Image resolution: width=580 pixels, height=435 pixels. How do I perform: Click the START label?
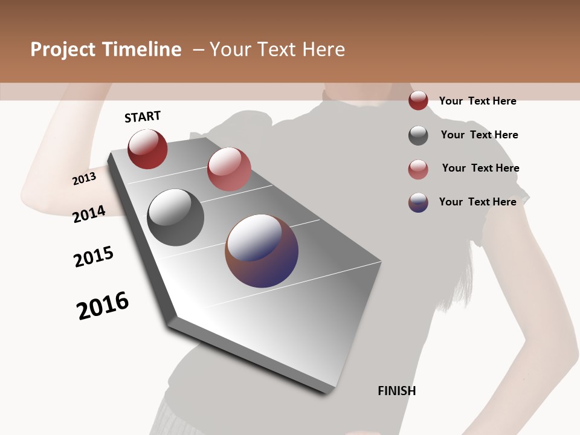coord(143,117)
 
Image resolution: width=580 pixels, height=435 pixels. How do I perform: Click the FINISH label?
coord(397,391)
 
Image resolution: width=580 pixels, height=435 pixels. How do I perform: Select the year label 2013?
coord(85,178)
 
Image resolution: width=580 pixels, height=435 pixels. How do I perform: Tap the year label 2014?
coord(89,214)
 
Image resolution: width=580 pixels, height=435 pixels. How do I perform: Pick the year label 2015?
coord(94,257)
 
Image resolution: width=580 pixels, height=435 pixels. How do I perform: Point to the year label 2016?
coord(103,306)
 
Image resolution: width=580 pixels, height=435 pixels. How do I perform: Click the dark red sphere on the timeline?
coord(147,149)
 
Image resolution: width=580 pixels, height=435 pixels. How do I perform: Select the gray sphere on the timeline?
coord(176,217)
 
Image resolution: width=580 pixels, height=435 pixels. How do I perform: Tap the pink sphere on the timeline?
coord(229,169)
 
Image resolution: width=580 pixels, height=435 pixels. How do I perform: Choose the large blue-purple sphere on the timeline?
coord(262,251)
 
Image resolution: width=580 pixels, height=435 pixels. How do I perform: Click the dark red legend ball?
coord(418,101)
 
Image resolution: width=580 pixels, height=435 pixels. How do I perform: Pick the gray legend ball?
coord(418,135)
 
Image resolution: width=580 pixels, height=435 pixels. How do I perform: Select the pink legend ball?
coord(418,169)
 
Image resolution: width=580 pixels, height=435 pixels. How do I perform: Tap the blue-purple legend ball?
coord(418,202)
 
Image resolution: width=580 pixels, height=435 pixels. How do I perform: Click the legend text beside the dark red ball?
coord(477,101)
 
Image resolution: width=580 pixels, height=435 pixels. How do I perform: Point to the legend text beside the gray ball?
coord(479,135)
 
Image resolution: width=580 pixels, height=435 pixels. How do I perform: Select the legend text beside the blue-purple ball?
coord(477,202)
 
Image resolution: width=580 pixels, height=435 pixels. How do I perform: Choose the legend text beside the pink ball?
coord(480,168)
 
